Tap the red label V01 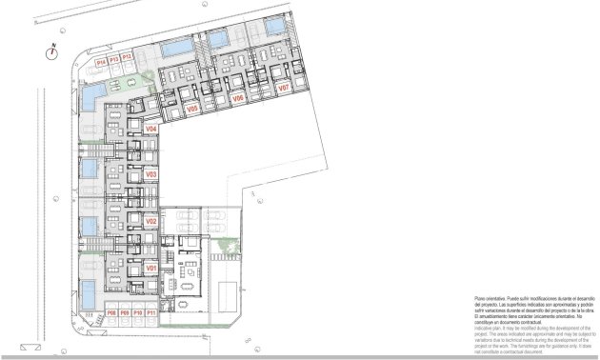click(x=150, y=269)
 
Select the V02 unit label click(x=150, y=221)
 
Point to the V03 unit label click(x=150, y=174)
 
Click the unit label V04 click(x=150, y=128)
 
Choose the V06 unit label click(x=238, y=97)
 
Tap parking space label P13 click(x=113, y=60)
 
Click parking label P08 click(x=111, y=312)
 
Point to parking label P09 click(x=124, y=312)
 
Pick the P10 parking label click(x=137, y=312)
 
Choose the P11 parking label click(x=150, y=312)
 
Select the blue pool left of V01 click(x=88, y=287)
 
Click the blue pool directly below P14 click(x=91, y=94)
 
